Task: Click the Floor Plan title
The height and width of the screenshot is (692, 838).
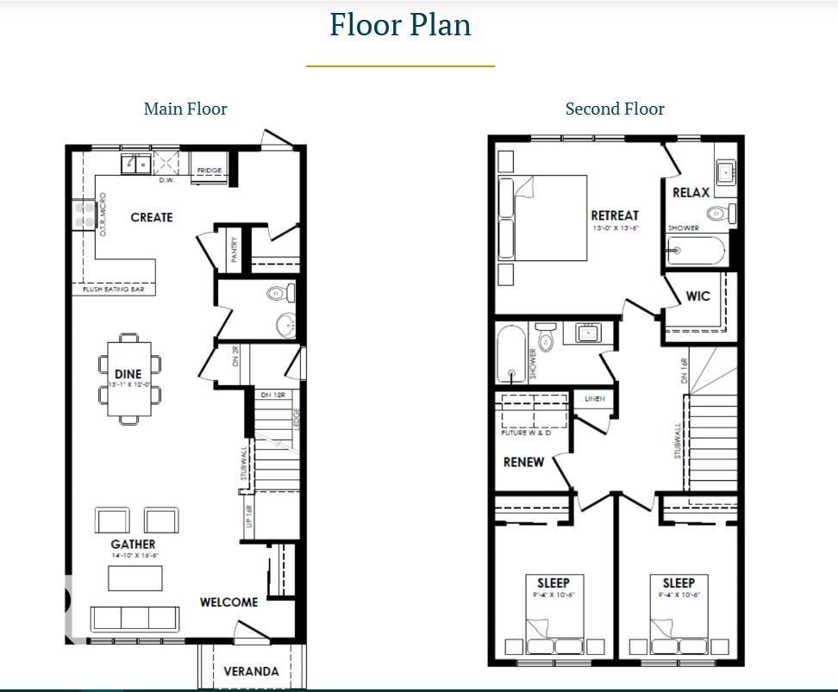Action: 400,24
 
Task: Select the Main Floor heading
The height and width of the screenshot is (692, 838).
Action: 185,109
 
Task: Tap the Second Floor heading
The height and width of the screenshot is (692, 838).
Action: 615,109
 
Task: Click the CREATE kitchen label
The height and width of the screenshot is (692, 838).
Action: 152,217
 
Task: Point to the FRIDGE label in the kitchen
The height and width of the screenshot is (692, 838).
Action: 209,171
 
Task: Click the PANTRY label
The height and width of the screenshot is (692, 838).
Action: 234,250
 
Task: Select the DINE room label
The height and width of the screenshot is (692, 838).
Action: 128,374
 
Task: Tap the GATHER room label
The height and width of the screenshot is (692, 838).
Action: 133,544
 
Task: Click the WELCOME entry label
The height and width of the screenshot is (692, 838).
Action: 228,602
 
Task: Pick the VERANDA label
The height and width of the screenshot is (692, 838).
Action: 251,671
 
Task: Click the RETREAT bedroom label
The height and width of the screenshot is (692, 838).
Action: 615,215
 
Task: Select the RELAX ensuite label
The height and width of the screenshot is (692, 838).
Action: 691,192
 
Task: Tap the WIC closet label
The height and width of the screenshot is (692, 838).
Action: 697,296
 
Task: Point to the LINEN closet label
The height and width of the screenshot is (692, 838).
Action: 595,399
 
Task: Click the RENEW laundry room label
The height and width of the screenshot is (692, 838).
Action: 523,462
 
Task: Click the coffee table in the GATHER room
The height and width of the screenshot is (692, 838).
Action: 134,577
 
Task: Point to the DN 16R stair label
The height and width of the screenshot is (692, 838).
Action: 683,370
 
